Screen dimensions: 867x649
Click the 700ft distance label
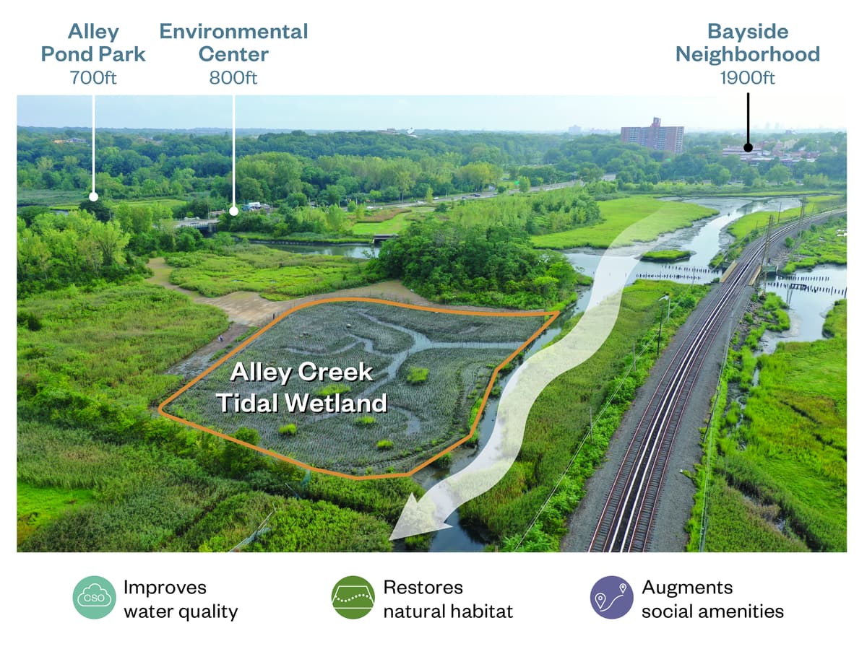pyautogui.click(x=93, y=78)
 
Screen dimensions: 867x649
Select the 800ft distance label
pyautogui.click(x=233, y=78)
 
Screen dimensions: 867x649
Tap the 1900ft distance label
pyautogui.click(x=747, y=78)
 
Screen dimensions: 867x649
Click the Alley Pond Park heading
pyautogui.click(x=93, y=43)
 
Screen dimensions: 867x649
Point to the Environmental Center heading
pyautogui.click(x=233, y=43)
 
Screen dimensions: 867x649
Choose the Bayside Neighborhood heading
pyautogui.click(x=748, y=43)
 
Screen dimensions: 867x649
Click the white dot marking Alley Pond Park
pyautogui.click(x=94, y=196)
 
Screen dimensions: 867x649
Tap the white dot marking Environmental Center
pyautogui.click(x=234, y=211)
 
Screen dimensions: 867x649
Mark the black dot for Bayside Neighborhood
pyautogui.click(x=748, y=147)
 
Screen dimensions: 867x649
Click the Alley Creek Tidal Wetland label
pyautogui.click(x=302, y=388)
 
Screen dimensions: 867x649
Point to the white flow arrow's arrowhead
pyautogui.click(x=415, y=518)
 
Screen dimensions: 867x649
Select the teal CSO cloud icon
pyautogui.click(x=94, y=597)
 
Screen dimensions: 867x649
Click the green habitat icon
pyautogui.click(x=353, y=597)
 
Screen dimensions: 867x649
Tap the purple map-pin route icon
pyautogui.click(x=611, y=597)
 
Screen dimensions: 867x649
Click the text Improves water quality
pyautogui.click(x=181, y=600)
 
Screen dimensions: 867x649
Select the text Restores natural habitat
pyautogui.click(x=448, y=599)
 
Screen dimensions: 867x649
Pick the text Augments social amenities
pyautogui.click(x=712, y=599)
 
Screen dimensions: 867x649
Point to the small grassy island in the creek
pyautogui.click(x=666, y=256)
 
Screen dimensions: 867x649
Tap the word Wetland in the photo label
pyautogui.click(x=336, y=403)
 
